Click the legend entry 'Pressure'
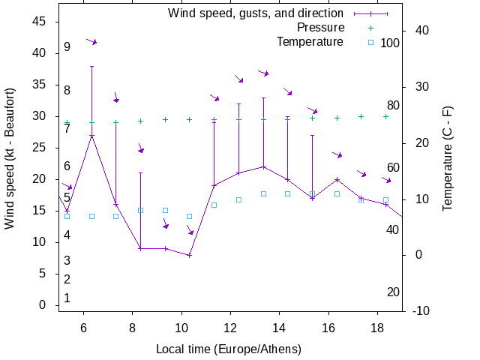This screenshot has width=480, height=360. [x=320, y=28]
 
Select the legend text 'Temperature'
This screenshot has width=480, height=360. [x=310, y=41]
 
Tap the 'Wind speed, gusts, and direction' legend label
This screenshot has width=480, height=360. [x=255, y=13]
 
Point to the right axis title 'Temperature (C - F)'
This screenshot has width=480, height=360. [x=447, y=159]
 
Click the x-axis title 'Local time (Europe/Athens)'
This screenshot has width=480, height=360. [x=229, y=349]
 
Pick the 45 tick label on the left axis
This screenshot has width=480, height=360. [x=40, y=22]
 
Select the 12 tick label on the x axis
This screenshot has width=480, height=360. [x=230, y=327]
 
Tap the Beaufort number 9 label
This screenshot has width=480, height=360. [x=67, y=47]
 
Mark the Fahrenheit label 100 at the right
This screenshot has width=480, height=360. [x=390, y=43]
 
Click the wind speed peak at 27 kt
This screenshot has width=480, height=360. [x=91, y=136]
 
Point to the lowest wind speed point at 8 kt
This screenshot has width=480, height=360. [x=190, y=255]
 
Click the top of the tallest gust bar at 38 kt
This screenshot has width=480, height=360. [x=91, y=66]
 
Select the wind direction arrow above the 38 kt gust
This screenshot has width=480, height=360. [x=91, y=41]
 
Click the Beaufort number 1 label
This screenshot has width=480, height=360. [x=67, y=298]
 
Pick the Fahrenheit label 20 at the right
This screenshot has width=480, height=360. [x=393, y=292]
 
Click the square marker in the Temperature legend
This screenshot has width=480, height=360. [x=370, y=42]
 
